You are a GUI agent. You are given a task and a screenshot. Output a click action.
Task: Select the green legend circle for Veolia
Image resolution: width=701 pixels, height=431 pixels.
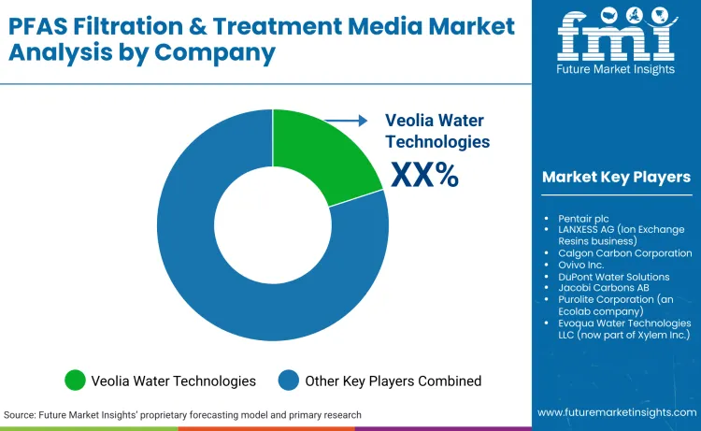point(75,381)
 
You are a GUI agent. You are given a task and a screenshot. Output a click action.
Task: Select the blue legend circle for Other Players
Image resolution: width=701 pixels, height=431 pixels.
point(289,381)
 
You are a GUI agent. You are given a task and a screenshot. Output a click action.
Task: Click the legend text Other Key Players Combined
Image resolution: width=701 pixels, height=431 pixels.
point(393,381)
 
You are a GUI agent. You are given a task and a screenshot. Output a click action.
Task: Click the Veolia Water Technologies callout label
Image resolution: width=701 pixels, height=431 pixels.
point(437,131)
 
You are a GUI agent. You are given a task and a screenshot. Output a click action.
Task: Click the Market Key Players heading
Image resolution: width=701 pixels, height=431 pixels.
point(616,177)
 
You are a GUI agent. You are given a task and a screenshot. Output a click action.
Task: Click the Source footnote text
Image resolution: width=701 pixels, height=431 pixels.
point(182,414)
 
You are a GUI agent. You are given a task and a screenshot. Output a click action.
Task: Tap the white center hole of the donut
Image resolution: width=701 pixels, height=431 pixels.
point(272,224)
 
